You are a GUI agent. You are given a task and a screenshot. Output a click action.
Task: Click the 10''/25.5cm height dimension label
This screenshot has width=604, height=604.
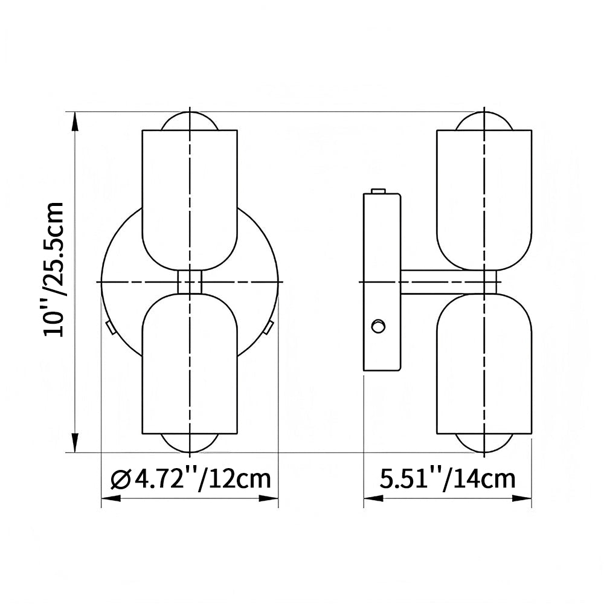54,269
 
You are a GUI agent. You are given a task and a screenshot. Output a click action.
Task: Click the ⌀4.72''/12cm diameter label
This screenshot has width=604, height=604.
191,479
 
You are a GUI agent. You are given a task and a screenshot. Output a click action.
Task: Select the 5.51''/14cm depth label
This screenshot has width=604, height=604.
448,479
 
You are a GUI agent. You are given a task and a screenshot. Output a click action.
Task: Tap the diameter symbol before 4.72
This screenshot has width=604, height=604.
121,480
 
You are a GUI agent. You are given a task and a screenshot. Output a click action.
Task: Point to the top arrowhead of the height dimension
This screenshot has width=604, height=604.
75,122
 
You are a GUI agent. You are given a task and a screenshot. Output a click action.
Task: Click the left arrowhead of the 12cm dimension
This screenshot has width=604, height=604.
111,498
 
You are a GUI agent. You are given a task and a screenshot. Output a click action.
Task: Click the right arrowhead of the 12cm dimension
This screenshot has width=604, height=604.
269,498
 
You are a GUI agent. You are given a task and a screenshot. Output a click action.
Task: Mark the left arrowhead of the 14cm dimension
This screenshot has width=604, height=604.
374,498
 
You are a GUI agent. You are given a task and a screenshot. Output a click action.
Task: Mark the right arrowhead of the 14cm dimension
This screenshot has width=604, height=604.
522,498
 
